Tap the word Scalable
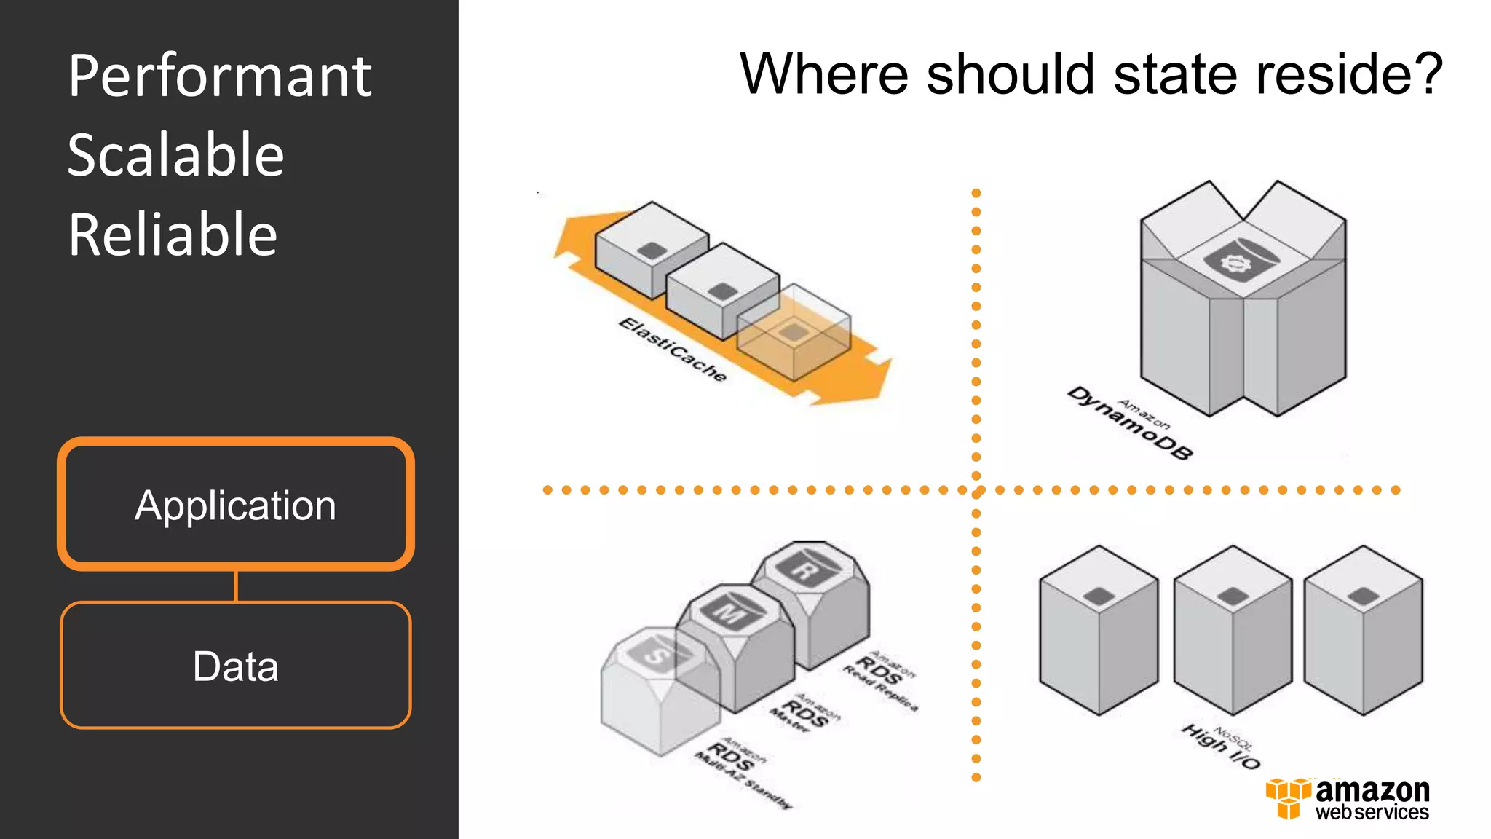coord(175,155)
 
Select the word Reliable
coord(173,235)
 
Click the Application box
coord(235,504)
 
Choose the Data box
coord(235,665)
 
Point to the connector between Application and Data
coord(235,586)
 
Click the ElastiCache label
coord(673,350)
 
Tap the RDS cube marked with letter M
coord(735,645)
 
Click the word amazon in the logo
coord(1372,790)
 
